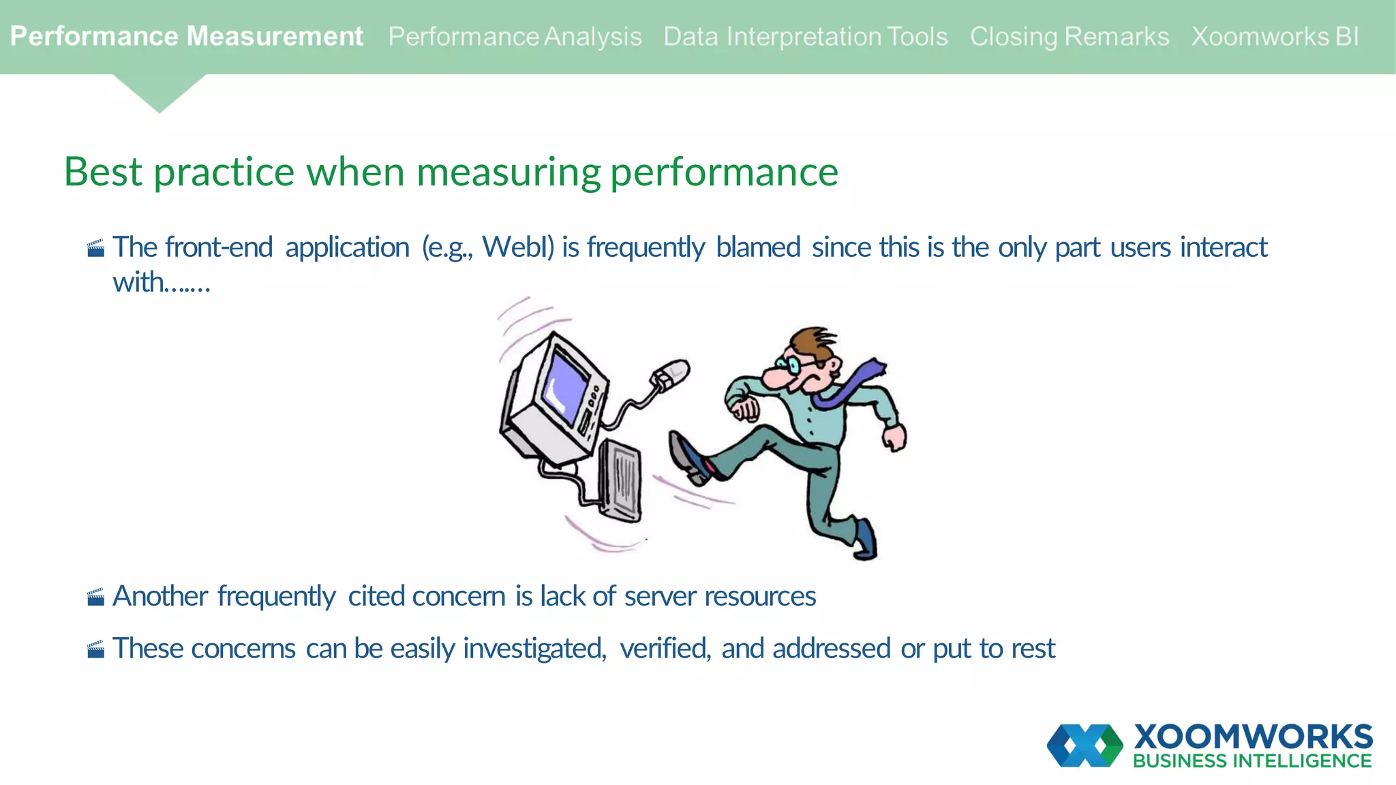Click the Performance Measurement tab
pos(186,36)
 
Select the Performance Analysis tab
pos(515,36)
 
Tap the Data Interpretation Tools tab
pos(806,36)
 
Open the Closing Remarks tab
pos(1069,36)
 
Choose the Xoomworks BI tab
pos(1275,36)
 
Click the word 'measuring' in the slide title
pos(509,172)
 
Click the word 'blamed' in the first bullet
pos(758,247)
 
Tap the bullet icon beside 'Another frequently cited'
pos(96,597)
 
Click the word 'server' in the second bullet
pos(661,596)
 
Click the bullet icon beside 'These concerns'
pos(96,649)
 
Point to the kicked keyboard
pos(620,480)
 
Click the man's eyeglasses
pos(793,365)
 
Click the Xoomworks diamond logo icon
pos(1084,745)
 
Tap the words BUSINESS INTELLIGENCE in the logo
pos(1252,761)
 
